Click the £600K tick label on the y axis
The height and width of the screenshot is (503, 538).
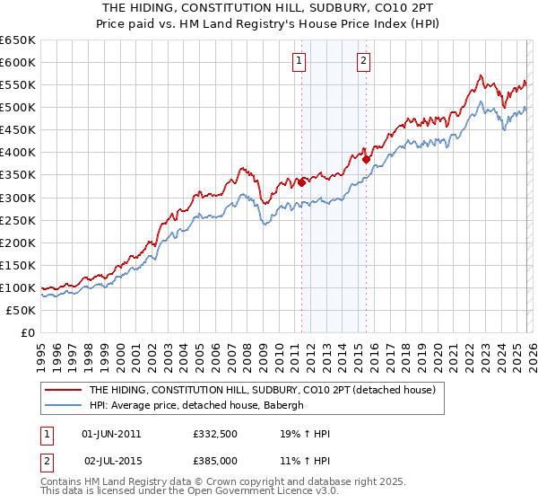pos(18,62)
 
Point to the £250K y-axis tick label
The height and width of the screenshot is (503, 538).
pos(18,220)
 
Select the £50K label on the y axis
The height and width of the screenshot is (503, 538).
pos(22,310)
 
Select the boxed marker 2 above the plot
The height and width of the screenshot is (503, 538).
pos(364,61)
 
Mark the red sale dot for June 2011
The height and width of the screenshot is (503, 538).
pos(301,182)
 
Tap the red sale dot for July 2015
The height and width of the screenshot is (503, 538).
pos(366,159)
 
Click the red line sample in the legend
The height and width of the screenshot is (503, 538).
pos(62,390)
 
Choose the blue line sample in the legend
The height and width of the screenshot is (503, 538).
pos(62,405)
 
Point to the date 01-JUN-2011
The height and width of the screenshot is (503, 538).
pos(111,434)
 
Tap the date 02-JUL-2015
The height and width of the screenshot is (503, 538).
pos(111,460)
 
